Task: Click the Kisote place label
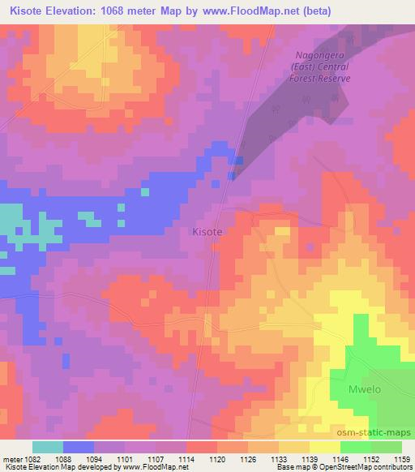tap(206, 231)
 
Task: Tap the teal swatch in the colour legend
tap(48, 447)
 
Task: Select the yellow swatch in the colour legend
tap(324, 447)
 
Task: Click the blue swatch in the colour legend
tap(79, 447)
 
